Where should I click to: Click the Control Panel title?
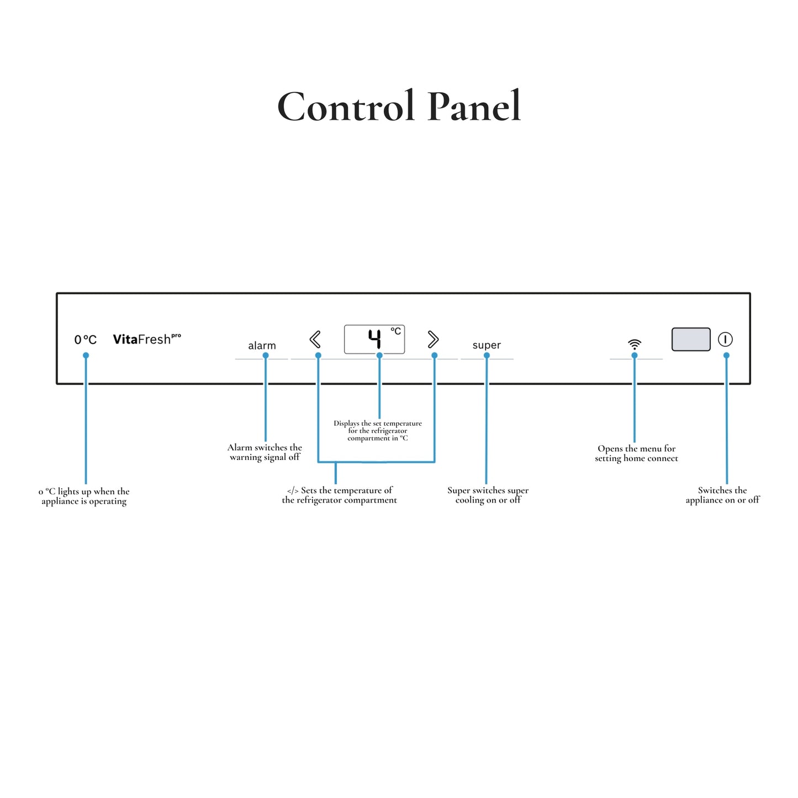pos(398,106)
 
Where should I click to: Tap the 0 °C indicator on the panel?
pos(85,340)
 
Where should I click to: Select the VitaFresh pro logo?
pos(147,339)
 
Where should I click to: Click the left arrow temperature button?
pos(315,339)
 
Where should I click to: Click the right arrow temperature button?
pos(433,339)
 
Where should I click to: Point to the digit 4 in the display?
pos(374,339)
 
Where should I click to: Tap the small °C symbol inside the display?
pos(395,331)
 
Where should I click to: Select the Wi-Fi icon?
pos(634,343)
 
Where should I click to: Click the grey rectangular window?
pos(691,339)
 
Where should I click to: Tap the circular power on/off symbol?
pos(725,339)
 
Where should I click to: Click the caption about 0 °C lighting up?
pos(84,496)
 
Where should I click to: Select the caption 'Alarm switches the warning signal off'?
pos(265,452)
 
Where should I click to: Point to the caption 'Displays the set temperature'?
pos(378,430)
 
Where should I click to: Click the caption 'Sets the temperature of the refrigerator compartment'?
pos(340,495)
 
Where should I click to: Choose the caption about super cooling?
pos(488,495)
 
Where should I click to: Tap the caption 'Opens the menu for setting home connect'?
pos(636,453)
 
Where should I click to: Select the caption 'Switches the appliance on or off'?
pos(723,495)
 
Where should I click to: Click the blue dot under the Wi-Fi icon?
pos(634,355)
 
